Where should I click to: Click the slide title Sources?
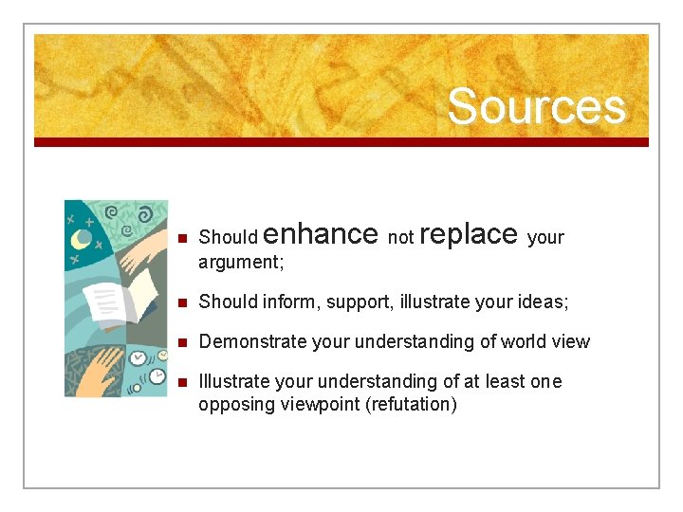coord(536,106)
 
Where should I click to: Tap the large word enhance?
coord(323,233)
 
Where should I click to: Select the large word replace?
coord(468,233)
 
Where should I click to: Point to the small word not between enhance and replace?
coord(400,238)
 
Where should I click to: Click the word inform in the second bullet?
coord(285,302)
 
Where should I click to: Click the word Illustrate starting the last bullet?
coord(233,381)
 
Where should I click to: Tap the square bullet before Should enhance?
coord(182,238)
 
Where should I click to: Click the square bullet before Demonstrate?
coord(182,342)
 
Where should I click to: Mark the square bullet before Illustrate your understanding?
coord(182,382)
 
